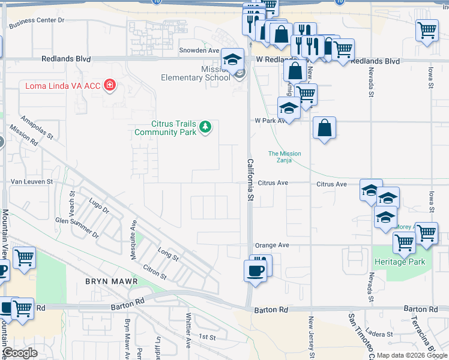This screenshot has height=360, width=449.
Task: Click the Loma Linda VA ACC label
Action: coord(62,86)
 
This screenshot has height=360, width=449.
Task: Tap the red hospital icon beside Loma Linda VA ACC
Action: coord(109,85)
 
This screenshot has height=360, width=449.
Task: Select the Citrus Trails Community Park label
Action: coord(166,128)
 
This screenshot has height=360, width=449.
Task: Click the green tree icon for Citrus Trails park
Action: coord(205,127)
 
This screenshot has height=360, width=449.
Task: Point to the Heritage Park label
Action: coord(399,262)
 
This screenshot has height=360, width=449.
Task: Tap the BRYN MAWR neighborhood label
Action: coord(112,281)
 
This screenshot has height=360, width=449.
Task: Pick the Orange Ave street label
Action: coord(272,245)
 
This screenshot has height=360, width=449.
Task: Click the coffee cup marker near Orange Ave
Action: coord(255,271)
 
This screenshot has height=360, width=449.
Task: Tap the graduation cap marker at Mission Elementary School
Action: coord(233,59)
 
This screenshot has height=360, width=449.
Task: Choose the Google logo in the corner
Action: coord(20,353)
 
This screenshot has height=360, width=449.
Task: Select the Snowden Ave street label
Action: coord(200,50)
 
